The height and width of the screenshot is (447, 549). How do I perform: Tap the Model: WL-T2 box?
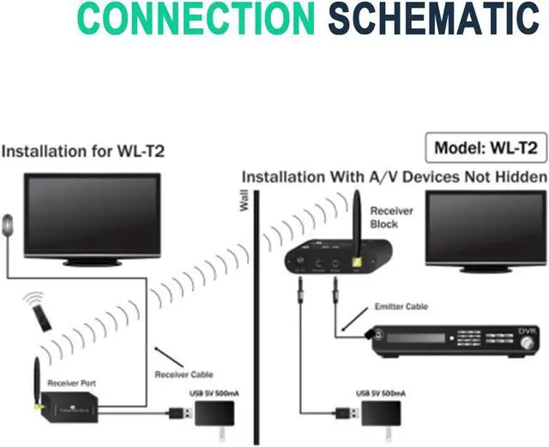click(x=486, y=147)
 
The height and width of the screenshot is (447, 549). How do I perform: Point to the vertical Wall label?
click(x=244, y=202)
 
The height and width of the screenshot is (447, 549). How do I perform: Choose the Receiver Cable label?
click(x=184, y=374)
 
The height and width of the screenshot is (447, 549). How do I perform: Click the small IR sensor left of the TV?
click(x=9, y=228)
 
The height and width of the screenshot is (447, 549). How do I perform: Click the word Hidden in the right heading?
click(x=518, y=177)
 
